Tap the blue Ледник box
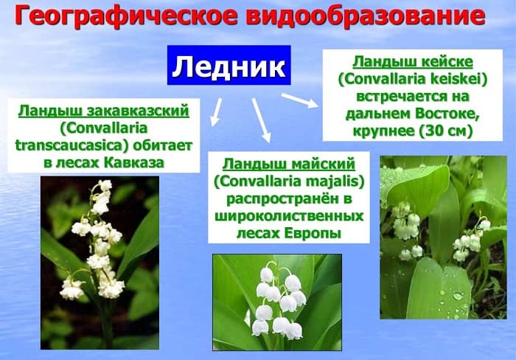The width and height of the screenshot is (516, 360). pos(229,67)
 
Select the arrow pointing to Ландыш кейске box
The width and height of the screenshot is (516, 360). pos(299,100)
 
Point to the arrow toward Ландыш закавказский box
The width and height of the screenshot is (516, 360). pos(215,111)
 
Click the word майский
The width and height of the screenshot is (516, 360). pos(318,163)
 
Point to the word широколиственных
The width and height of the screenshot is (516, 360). pos(289,216)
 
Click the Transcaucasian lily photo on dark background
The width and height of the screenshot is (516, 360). pos(99,262)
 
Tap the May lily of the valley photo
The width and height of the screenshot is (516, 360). pos(276,302)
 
